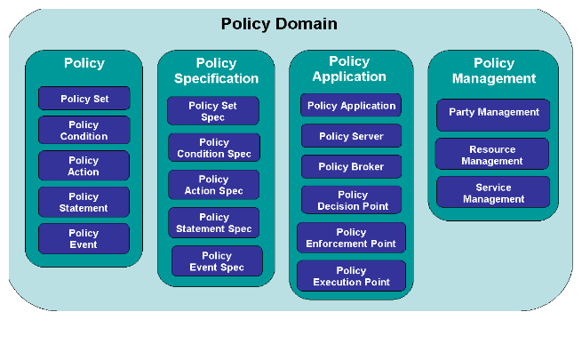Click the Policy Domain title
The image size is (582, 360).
point(279,24)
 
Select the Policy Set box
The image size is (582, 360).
point(84,99)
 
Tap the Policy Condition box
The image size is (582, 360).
point(84,130)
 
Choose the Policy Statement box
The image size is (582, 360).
point(84,202)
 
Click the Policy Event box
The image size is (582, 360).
point(84,238)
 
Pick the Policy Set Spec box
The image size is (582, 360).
point(213,110)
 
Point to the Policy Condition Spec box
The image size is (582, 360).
point(214,148)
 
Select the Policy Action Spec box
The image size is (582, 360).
point(214,185)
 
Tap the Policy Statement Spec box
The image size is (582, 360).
point(214,223)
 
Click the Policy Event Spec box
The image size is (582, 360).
point(217,261)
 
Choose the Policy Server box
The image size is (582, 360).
point(352,136)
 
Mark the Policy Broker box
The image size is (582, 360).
point(352,166)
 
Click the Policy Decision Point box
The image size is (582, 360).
point(352,200)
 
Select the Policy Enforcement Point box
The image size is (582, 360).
point(351,238)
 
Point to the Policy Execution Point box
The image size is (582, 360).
point(351,276)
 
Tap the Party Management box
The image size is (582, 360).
point(493,115)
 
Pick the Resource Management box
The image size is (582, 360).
point(492,154)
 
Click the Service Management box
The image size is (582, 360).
point(493,192)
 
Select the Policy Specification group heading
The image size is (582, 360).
point(217,70)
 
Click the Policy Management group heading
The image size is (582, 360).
point(494,70)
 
